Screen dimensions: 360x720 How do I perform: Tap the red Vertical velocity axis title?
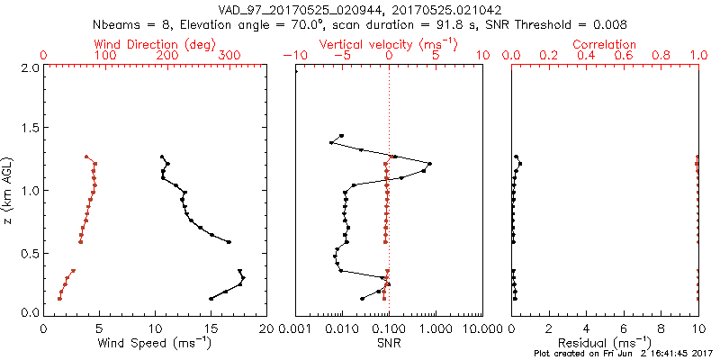pos(389,44)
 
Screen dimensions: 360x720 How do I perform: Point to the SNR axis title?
pos(389,342)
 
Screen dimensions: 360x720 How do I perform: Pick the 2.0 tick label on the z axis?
pos(29,68)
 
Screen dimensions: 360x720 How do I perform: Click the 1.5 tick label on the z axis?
pos(29,130)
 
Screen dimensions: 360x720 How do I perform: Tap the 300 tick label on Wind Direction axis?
pos(229,56)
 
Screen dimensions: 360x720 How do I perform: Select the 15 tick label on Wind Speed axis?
pos(211,328)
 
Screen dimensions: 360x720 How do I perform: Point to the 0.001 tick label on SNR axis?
pos(296,328)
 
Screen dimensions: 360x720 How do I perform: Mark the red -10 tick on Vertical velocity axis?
pos(293,56)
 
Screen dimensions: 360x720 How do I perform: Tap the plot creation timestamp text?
pos(622,354)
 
